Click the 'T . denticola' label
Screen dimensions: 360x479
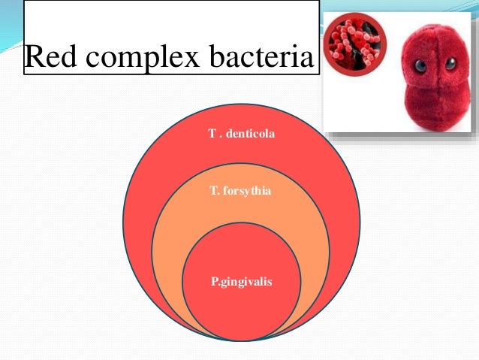241,133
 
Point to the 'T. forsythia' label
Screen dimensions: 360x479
241,192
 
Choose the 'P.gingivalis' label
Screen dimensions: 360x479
241,282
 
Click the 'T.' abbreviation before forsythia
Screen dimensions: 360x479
215,192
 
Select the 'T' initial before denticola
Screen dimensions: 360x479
212,133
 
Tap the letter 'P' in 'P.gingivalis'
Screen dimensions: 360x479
214,282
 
